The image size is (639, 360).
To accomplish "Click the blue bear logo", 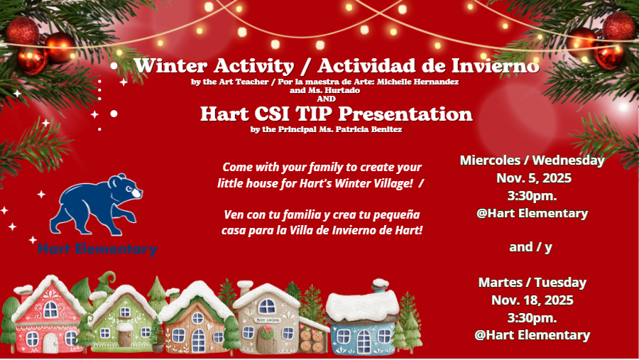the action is pos(96,204).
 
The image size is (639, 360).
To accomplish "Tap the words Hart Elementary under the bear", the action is pos(97,249).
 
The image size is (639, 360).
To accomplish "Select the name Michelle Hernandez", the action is pos(417,82).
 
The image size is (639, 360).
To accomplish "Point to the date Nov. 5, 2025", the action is pos(534,178).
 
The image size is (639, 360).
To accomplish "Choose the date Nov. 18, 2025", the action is pos(532,300).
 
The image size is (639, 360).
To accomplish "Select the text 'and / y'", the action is pos(530,247).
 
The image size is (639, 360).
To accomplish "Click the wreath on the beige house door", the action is pos(268,332).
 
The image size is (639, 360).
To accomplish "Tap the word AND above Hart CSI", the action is pos(326,99).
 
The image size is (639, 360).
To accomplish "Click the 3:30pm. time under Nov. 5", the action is pos(532,196).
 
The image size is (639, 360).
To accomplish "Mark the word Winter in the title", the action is pos(171,66).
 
